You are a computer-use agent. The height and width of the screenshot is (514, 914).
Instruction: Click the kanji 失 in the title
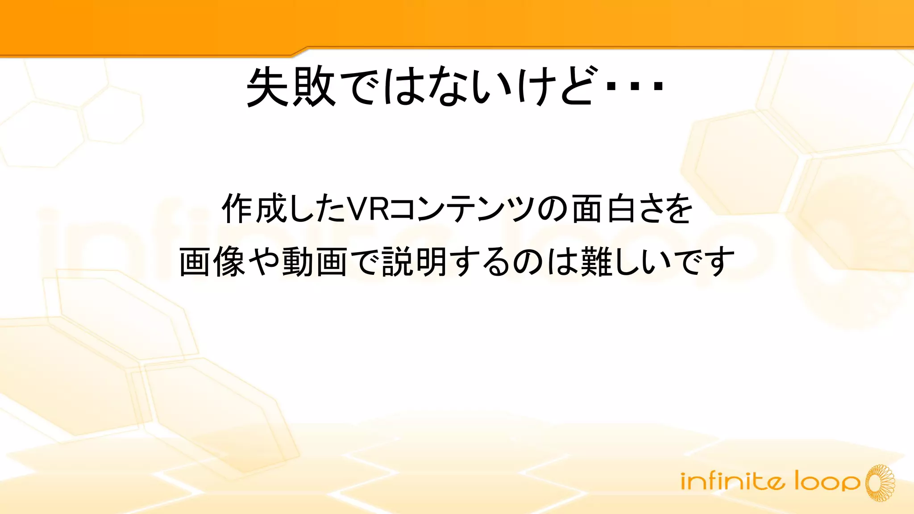point(268,87)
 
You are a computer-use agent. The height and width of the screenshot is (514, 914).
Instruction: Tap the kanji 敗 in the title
point(314,87)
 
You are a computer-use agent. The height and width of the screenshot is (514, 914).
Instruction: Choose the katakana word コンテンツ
point(462,209)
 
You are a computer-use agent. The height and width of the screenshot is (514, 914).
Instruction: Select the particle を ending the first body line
point(677,209)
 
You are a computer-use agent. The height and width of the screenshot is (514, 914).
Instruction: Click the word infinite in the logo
point(732,482)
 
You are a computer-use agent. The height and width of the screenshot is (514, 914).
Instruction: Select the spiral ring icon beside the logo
point(880,483)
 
